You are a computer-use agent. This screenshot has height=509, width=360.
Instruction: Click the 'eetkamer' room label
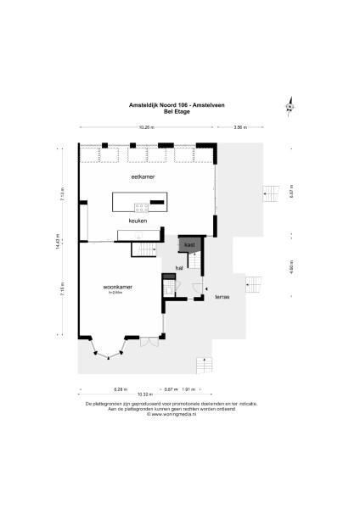(142, 176)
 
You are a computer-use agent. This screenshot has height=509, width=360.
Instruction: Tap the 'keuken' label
(138, 221)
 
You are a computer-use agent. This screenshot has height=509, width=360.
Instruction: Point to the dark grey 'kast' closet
(189, 244)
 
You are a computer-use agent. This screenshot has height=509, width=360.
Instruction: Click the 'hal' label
(179, 268)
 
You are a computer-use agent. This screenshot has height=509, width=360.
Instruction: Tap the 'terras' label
(222, 297)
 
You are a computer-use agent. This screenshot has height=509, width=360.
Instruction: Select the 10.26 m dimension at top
(146, 127)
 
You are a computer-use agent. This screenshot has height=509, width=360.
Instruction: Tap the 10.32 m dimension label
(145, 394)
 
